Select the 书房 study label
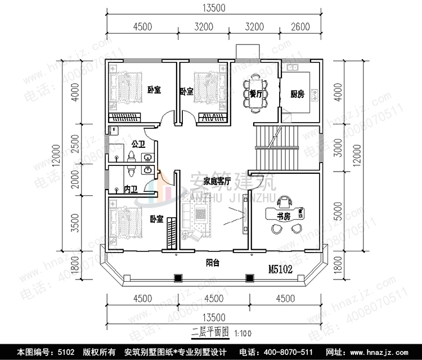[284, 215]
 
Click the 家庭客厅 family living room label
[218, 182]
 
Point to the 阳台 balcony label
[213, 261]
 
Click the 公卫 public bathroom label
[138, 144]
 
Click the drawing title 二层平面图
[210, 333]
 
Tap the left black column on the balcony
[178, 277]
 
